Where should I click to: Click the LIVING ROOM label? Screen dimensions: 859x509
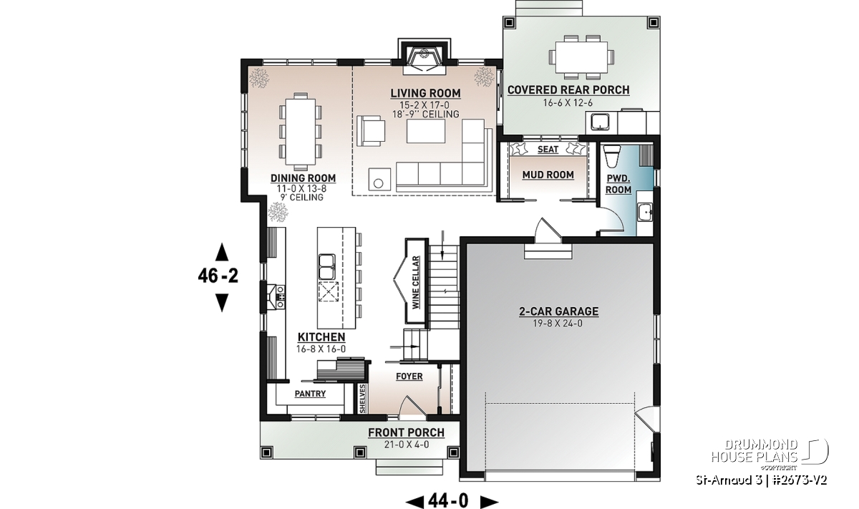coord(426,93)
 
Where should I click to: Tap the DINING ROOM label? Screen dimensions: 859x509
coord(303,178)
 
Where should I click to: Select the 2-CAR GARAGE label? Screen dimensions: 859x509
coord(559,311)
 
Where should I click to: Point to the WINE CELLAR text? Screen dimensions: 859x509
coord(416,282)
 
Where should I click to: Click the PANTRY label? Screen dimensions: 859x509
coord(310,394)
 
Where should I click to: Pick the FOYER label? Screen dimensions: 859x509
coord(409,377)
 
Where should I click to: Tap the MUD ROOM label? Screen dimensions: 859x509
coord(548,175)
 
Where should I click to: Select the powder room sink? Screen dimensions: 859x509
coord(646,212)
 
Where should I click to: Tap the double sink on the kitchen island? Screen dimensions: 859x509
coord(326,266)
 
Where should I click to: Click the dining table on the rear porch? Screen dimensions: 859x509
coord(581,57)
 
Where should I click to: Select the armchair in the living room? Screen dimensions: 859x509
coord(371,131)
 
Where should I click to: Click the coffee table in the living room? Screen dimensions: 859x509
coord(426,131)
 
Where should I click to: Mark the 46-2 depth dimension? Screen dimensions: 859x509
coord(218,276)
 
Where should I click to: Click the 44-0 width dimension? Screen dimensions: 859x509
coord(452,500)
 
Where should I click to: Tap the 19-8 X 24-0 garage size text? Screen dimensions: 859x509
coord(558,324)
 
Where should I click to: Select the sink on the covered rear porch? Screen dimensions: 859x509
coord(600,122)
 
